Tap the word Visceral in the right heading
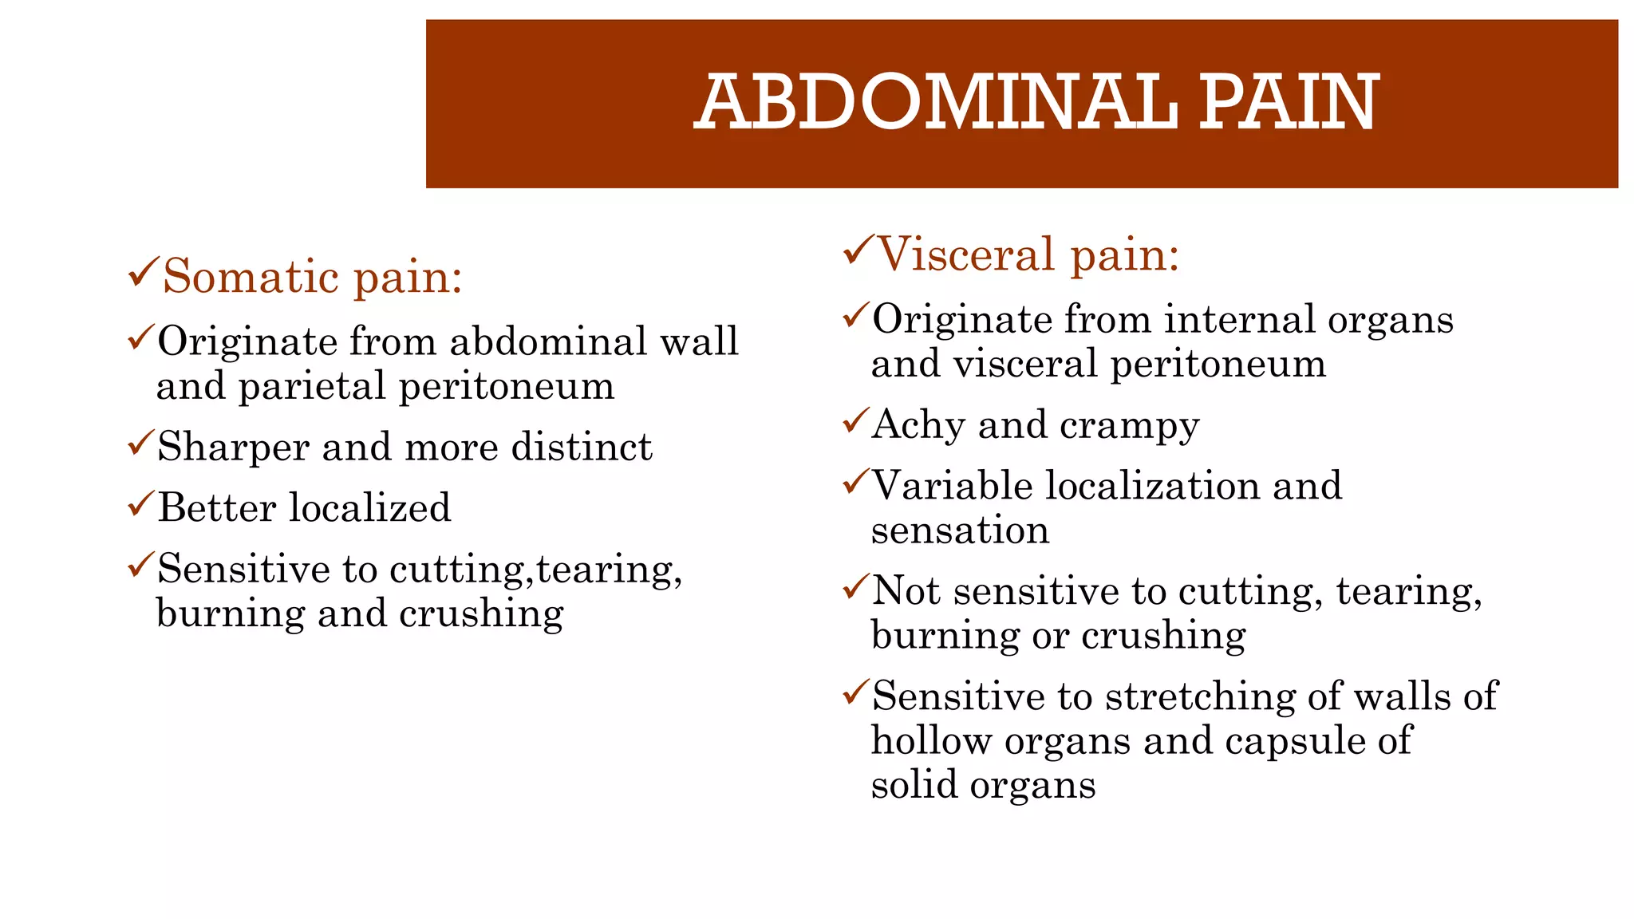coord(966,254)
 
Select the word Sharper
coord(233,447)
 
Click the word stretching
coord(1199,696)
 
